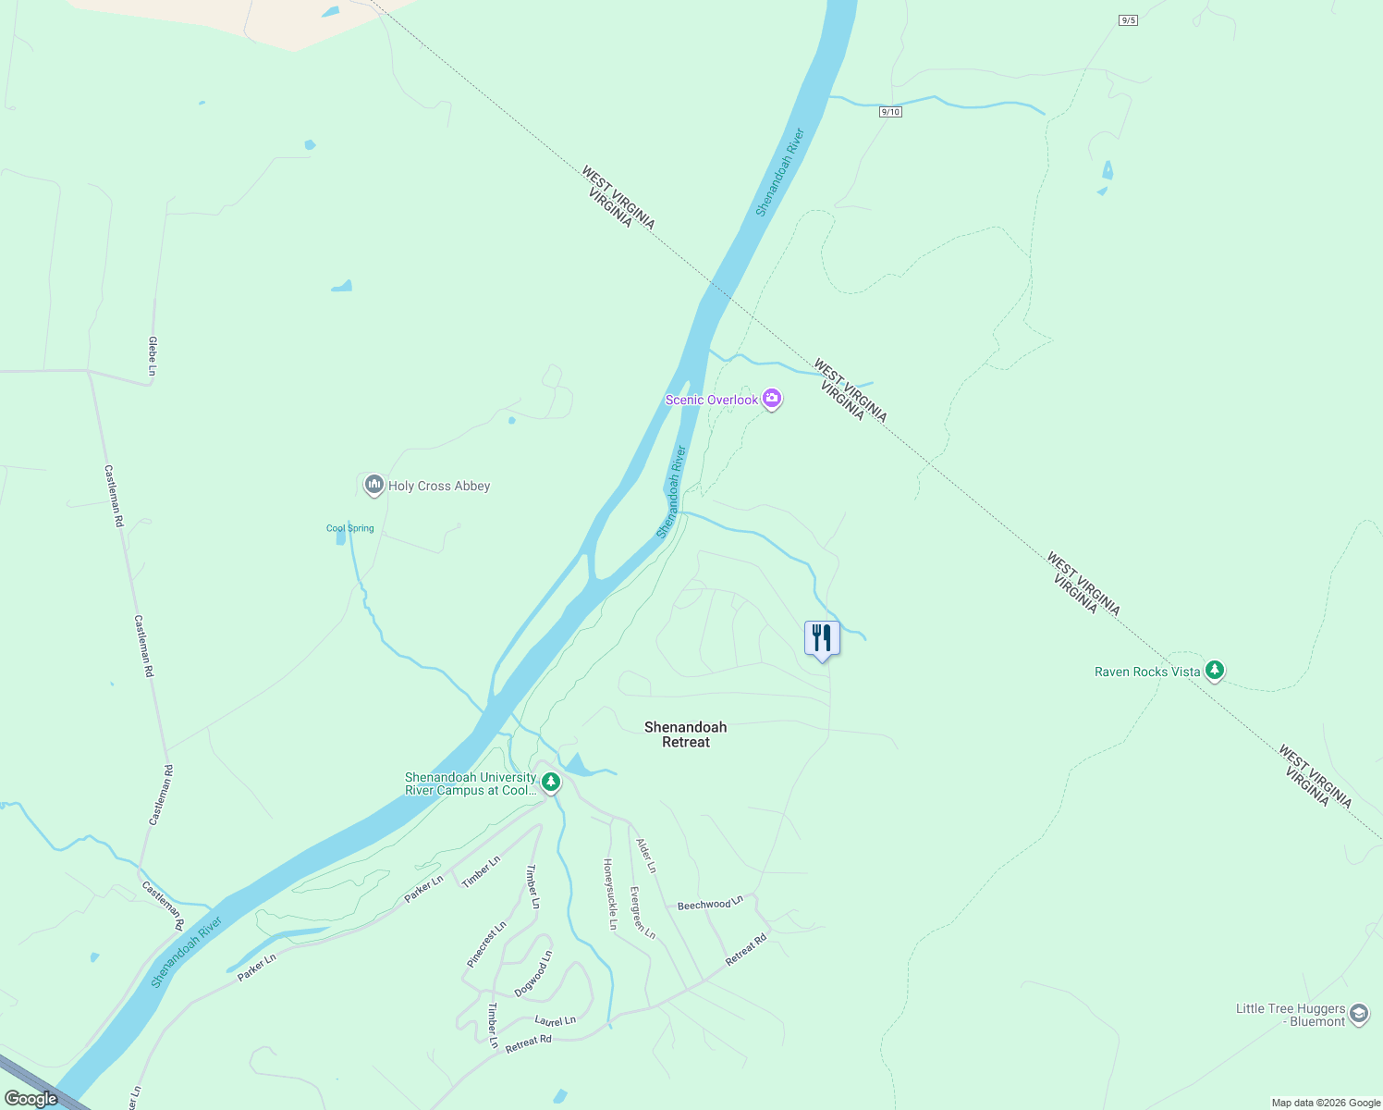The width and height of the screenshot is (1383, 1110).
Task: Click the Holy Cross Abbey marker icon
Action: (x=373, y=485)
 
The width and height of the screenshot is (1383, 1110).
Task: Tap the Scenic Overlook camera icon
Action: (x=772, y=400)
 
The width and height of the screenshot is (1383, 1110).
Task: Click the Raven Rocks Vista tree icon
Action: (x=1215, y=671)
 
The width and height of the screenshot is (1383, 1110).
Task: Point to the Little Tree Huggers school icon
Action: (x=1358, y=1014)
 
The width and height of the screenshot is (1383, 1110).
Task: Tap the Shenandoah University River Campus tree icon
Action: (x=550, y=783)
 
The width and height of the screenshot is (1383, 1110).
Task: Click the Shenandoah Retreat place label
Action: (x=686, y=734)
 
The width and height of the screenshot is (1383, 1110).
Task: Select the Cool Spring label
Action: (x=350, y=528)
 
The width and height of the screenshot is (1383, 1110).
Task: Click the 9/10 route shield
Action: (x=890, y=112)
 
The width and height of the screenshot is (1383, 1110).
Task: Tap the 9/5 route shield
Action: (x=1128, y=20)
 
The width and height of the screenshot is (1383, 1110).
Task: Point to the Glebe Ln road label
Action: (x=153, y=356)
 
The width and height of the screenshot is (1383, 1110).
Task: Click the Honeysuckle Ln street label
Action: (x=610, y=894)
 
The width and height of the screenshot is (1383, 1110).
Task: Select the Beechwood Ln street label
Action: (x=710, y=904)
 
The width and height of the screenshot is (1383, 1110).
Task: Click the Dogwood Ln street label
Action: (x=533, y=973)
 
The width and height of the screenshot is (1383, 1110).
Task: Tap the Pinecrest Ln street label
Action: (x=486, y=944)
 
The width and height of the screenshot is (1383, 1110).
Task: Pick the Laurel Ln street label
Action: (x=556, y=1021)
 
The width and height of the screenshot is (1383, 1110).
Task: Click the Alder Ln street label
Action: (x=646, y=856)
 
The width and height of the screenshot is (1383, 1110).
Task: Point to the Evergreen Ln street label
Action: (x=643, y=913)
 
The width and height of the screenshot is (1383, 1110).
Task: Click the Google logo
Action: (x=31, y=1099)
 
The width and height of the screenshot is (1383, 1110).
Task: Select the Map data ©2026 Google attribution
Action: (x=1326, y=1103)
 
